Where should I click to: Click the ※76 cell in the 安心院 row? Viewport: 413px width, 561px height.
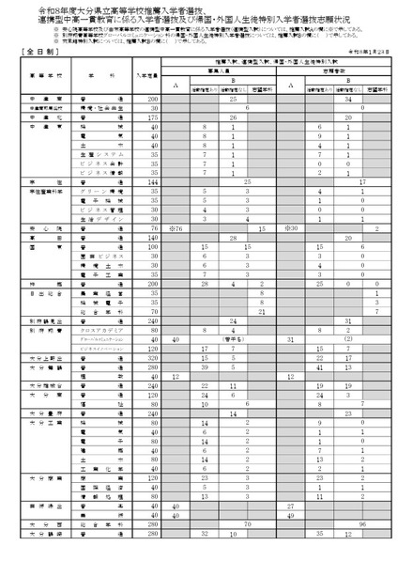[x=176, y=228]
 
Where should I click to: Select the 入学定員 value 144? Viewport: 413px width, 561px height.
[x=146, y=182]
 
